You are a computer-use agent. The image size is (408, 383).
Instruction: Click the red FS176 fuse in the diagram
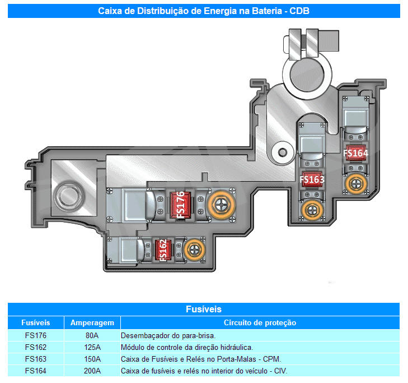point(181,205)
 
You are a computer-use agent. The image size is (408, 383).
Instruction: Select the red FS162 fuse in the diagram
point(163,250)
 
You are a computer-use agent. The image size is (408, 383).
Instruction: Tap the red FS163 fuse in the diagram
point(312,179)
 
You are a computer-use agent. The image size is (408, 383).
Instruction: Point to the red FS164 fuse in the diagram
point(355,153)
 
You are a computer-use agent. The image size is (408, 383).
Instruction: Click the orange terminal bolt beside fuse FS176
point(221,205)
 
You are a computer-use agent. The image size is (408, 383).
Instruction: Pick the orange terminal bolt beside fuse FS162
point(194,250)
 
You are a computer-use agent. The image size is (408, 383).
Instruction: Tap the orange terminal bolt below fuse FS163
point(312,210)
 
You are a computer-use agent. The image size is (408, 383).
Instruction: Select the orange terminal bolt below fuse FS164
point(356,184)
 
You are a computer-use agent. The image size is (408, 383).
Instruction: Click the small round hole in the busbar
point(283,152)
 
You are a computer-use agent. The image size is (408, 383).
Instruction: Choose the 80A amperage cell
point(92,335)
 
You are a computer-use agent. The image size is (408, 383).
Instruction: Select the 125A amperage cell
point(92,347)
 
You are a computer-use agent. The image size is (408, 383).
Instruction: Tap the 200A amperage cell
point(92,371)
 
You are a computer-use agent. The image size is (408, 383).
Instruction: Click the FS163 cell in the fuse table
point(36,359)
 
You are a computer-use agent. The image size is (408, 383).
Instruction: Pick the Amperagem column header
point(92,323)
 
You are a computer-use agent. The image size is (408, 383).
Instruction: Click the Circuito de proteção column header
point(260,323)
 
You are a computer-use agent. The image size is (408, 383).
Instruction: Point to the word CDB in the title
point(299,11)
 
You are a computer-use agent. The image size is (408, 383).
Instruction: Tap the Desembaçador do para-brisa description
point(168,335)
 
